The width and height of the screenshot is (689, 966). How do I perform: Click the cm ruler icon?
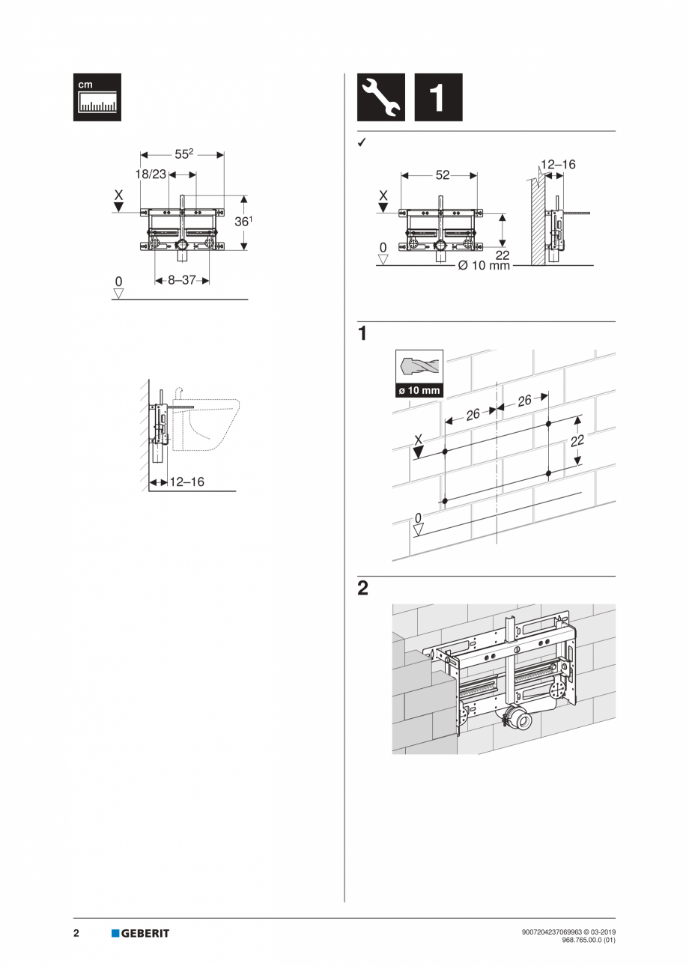(97, 97)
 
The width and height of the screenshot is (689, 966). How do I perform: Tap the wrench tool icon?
(380, 97)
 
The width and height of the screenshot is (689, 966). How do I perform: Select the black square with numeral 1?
(438, 97)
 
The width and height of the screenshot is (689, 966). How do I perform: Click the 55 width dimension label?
(183, 154)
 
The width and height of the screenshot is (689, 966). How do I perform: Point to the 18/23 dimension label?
(151, 174)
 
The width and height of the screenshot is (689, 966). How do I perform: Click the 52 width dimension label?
(442, 174)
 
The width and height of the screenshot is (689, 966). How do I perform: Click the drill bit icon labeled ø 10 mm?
(419, 373)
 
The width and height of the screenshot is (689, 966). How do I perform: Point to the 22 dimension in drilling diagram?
(577, 441)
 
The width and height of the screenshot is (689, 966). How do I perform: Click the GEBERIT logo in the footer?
(141, 933)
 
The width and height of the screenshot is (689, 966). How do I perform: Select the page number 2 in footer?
(76, 933)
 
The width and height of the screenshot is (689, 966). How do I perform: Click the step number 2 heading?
(362, 589)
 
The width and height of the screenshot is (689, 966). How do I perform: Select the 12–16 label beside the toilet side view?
(186, 482)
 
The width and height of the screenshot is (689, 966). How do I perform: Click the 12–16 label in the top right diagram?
(559, 163)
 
